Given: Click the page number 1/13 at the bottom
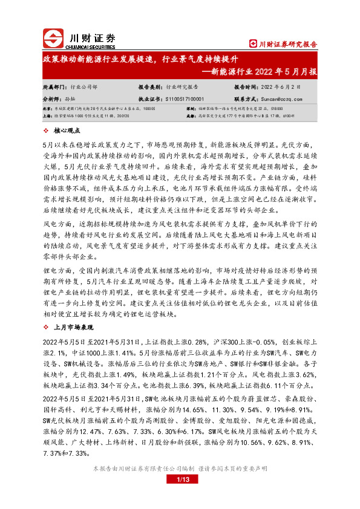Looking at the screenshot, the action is [180, 480].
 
